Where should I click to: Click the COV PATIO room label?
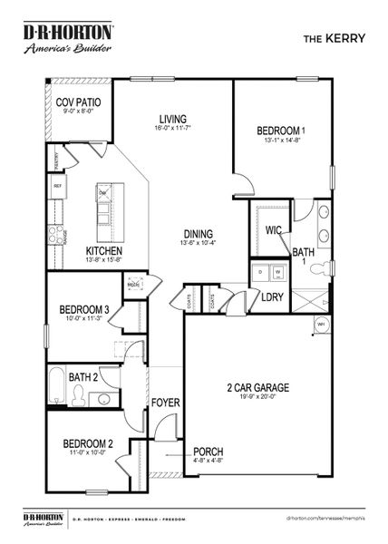pos(78,103)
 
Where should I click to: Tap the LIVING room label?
pos(173,119)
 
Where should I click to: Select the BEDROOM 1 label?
pos(280,131)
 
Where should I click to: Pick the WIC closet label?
pos(273,230)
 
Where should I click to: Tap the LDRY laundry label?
pos(273,296)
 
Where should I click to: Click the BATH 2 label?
pos(82,377)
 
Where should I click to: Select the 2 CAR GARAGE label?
pos(257,387)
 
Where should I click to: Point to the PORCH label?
pos(208,451)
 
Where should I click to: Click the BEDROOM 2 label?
pos(88,443)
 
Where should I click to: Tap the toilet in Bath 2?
pos(81,394)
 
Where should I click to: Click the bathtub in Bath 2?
pos(56,384)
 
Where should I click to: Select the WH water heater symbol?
pos(320,324)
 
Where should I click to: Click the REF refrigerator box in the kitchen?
pos(58,186)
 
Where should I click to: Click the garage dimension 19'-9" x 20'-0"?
pos(257,396)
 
